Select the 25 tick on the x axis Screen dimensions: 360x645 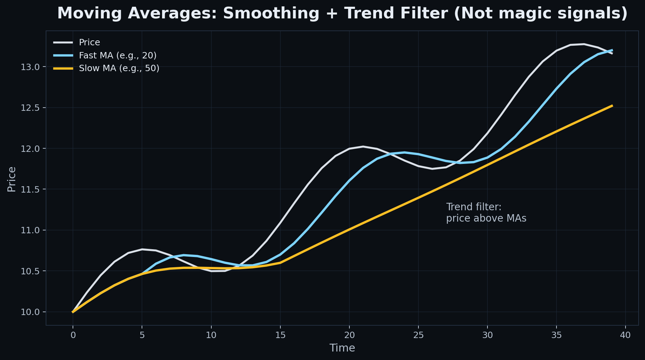(418, 335)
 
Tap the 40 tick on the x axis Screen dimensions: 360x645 (626, 335)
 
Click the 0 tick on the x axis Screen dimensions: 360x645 (73, 335)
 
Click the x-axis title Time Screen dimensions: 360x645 (342, 348)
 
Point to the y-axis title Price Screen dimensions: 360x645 (12, 179)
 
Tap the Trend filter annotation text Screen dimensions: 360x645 (486, 212)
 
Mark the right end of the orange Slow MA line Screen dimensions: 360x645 (612, 105)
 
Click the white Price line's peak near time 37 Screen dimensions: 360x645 (584, 44)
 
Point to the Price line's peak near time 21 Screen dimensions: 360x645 (363, 146)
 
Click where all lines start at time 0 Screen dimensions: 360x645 (73, 312)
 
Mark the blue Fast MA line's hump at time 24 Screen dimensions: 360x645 (404, 152)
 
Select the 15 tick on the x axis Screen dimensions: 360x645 (280, 335)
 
